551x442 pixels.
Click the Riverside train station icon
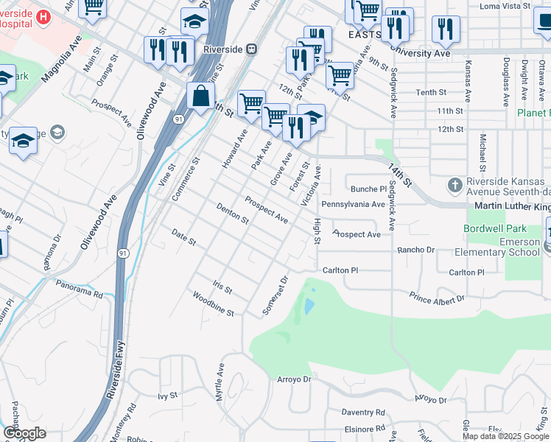[252, 49]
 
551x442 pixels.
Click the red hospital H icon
[44, 16]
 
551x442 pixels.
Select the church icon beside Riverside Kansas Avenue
[455, 183]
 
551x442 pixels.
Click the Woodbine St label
[213, 304]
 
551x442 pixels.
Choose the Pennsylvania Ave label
[353, 204]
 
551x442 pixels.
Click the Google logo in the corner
[24, 433]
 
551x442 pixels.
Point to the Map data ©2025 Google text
[505, 435]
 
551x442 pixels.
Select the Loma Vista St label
[505, 6]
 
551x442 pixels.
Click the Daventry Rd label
[363, 413]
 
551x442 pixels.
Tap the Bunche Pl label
[363, 189]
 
